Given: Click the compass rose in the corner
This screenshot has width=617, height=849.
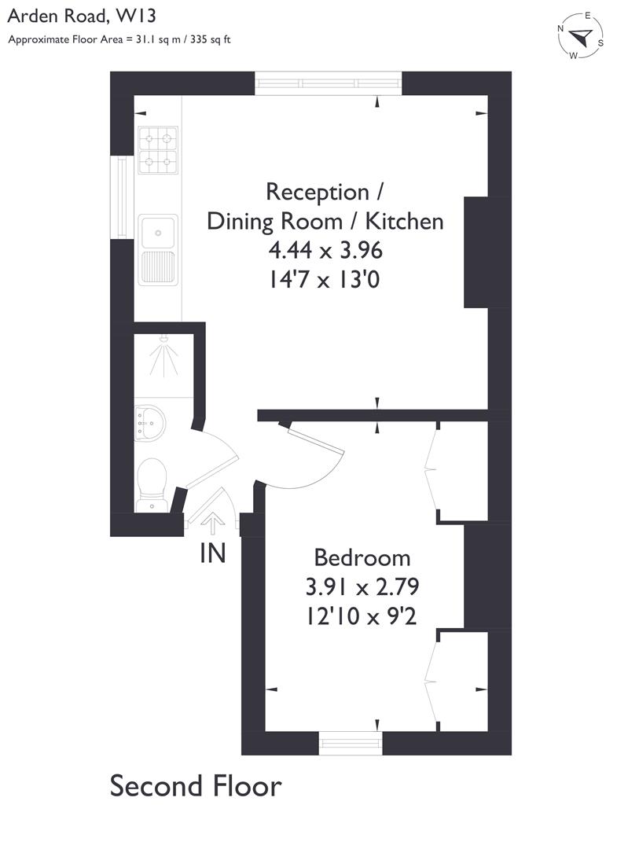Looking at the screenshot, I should tap(581, 36).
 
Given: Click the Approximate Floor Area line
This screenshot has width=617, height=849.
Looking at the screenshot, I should tap(119, 39).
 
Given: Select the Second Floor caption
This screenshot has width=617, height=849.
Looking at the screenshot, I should tap(195, 785).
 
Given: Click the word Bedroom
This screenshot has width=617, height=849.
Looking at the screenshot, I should tap(362, 557).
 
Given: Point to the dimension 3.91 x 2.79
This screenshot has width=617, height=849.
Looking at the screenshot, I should tap(362, 586).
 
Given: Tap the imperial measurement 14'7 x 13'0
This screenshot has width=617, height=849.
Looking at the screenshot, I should tap(325, 279).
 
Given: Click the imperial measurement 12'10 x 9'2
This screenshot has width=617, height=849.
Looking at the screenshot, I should tap(362, 616).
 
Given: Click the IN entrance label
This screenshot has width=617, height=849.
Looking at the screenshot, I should tap(212, 553).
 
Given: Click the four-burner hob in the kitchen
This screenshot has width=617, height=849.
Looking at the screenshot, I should tap(157, 150).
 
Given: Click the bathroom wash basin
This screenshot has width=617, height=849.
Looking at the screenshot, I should tap(149, 423).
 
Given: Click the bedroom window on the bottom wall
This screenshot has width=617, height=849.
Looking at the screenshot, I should tap(351, 741).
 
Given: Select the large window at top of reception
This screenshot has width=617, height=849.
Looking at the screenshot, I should tap(329, 83).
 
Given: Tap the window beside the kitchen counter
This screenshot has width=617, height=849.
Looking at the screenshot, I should tap(122, 197).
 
